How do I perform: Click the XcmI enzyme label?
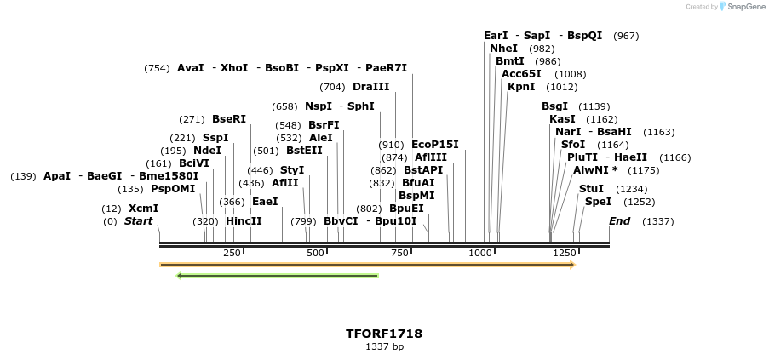[x=143, y=209]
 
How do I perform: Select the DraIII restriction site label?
[x=370, y=87]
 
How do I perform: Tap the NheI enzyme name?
[x=503, y=49]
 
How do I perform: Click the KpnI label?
[x=521, y=87]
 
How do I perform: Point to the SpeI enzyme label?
[x=598, y=202]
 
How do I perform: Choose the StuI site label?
[x=591, y=189]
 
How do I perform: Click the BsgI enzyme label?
[x=554, y=106]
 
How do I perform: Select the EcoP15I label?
[x=434, y=145]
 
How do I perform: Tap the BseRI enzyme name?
[x=228, y=119]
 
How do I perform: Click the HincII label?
[x=244, y=221]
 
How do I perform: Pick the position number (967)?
[x=626, y=36]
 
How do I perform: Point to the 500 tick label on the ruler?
[x=315, y=253]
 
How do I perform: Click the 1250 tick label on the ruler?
[x=564, y=253]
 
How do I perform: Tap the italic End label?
[x=619, y=221]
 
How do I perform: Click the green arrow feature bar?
[x=277, y=275]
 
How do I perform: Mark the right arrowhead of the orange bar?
[x=572, y=265]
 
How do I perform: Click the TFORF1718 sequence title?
[x=384, y=334]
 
